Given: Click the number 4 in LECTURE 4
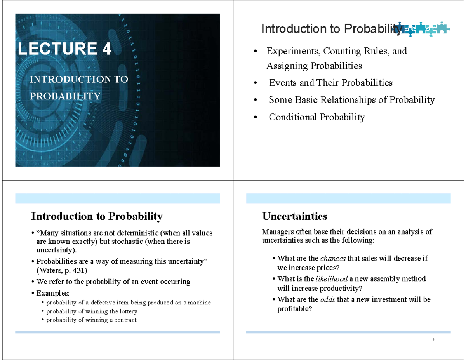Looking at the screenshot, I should [107, 49].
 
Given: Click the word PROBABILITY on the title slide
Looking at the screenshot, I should [65, 96].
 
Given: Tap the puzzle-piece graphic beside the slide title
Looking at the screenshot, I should [425, 29].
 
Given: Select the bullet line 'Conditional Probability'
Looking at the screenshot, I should [316, 117].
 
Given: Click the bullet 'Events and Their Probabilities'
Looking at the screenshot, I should [330, 83].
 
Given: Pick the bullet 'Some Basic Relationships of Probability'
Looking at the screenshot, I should [351, 100].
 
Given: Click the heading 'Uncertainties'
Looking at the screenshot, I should [295, 216].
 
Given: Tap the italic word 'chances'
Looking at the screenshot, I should [333, 259].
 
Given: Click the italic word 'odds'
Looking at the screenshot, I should [327, 299].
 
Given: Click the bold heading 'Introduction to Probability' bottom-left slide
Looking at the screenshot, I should [97, 216].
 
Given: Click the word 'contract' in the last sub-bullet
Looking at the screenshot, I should [125, 320].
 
